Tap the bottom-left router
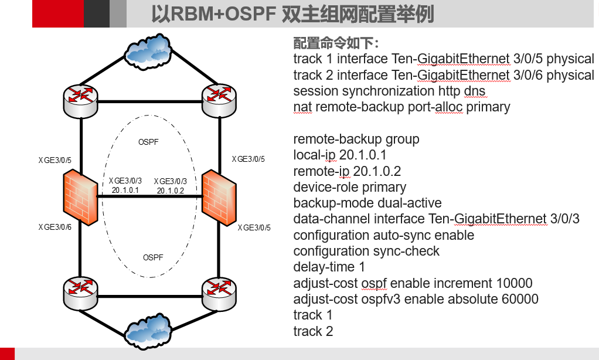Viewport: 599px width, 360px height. point(80,291)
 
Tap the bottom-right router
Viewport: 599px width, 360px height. point(219,291)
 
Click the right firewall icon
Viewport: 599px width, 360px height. point(219,196)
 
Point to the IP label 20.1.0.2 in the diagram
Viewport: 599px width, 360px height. point(171,190)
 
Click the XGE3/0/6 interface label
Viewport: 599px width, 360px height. point(55,227)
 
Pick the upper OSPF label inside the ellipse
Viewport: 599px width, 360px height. point(148,142)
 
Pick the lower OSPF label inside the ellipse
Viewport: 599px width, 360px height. point(153,257)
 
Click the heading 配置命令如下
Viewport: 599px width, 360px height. point(336,44)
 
